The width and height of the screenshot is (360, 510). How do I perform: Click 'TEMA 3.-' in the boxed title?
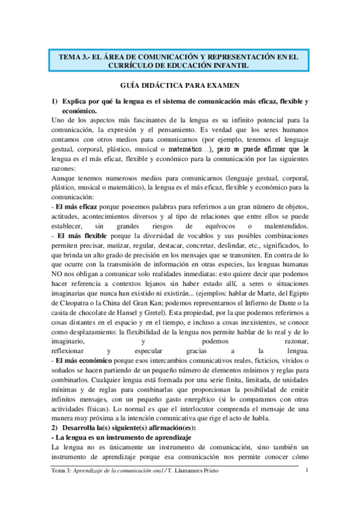75,56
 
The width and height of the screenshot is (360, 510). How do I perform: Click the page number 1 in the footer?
307,469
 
